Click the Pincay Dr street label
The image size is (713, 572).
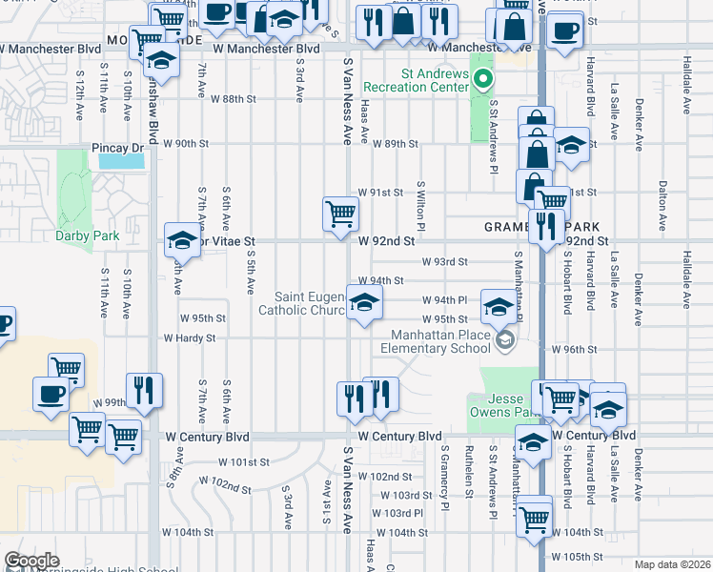(x=117, y=148)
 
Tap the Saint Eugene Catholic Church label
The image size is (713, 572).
(x=307, y=302)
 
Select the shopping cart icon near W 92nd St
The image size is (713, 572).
(x=340, y=214)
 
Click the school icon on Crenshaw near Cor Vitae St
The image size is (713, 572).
(x=180, y=240)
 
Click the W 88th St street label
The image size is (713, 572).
(x=234, y=99)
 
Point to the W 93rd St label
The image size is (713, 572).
(x=445, y=262)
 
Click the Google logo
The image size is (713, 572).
(x=31, y=561)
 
